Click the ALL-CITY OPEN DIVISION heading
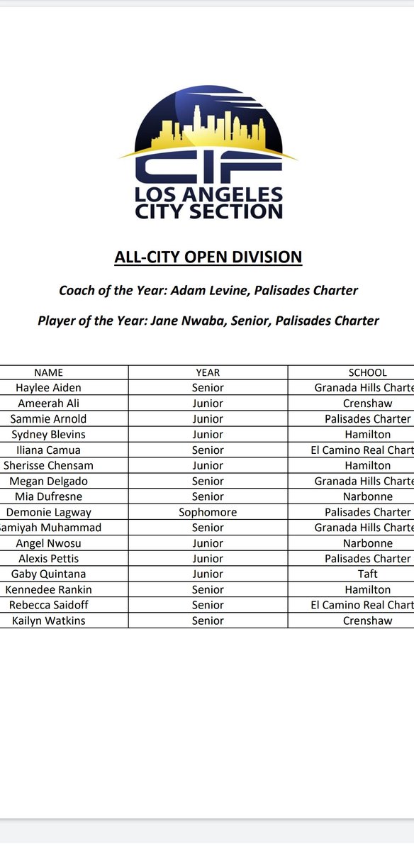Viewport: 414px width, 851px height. click(208, 257)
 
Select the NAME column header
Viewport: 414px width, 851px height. click(48, 372)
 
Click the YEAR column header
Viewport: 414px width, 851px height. click(208, 372)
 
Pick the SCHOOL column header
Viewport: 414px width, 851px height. click(367, 372)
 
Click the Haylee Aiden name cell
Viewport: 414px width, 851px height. click(48, 388)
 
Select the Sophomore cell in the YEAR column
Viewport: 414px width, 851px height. click(208, 512)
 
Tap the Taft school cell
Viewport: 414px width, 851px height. click(367, 574)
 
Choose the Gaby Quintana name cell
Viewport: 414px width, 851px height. click(48, 574)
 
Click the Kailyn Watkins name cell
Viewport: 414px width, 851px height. click(48, 621)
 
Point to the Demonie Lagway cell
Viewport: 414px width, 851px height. click(48, 512)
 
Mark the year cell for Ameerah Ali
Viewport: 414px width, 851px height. click(208, 404)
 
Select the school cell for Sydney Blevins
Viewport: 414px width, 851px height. click(367, 434)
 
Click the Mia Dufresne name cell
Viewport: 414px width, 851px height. click(48, 496)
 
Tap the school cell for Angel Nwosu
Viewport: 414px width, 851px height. click(367, 543)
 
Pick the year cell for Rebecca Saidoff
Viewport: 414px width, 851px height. click(208, 605)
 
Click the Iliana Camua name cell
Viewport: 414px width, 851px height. click(48, 450)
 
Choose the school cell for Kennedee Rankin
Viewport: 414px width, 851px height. click(367, 589)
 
